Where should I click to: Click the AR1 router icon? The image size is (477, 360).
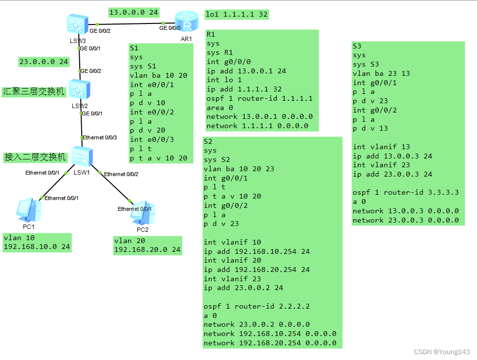186,22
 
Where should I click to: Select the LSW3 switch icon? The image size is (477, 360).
78,23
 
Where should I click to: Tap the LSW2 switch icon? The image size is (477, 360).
78,89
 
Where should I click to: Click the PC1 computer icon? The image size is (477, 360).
24,209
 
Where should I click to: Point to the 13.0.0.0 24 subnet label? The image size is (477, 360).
133,12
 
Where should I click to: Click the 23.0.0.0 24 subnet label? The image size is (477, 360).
43,62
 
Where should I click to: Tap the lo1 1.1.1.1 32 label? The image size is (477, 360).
237,14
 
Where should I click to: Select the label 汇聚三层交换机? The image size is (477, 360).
34,91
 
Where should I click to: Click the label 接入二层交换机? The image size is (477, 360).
35,157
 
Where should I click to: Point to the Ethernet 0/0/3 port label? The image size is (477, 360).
100,137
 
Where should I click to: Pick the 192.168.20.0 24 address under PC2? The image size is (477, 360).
147,249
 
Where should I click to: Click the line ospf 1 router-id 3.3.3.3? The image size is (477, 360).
405,192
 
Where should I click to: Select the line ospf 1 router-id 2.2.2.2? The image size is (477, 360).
257,306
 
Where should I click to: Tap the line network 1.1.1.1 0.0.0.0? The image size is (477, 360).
257,126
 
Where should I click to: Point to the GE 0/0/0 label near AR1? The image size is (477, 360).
171,28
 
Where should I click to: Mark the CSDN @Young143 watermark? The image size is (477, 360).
441,352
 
